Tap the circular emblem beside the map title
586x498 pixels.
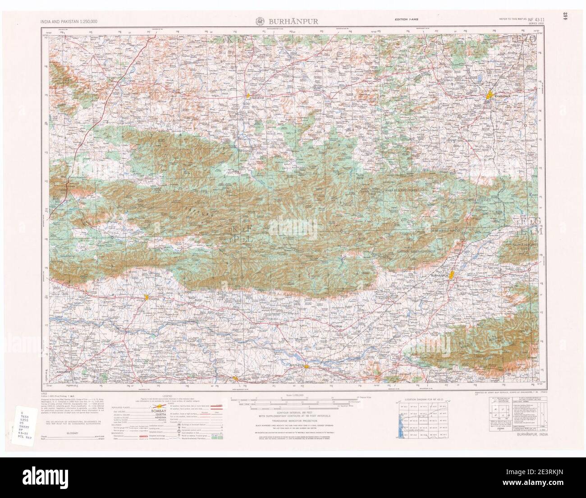(260, 21)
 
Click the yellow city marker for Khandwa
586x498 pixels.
(490, 95)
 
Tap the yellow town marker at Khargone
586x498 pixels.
(247, 95)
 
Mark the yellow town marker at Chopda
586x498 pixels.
(147, 297)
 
